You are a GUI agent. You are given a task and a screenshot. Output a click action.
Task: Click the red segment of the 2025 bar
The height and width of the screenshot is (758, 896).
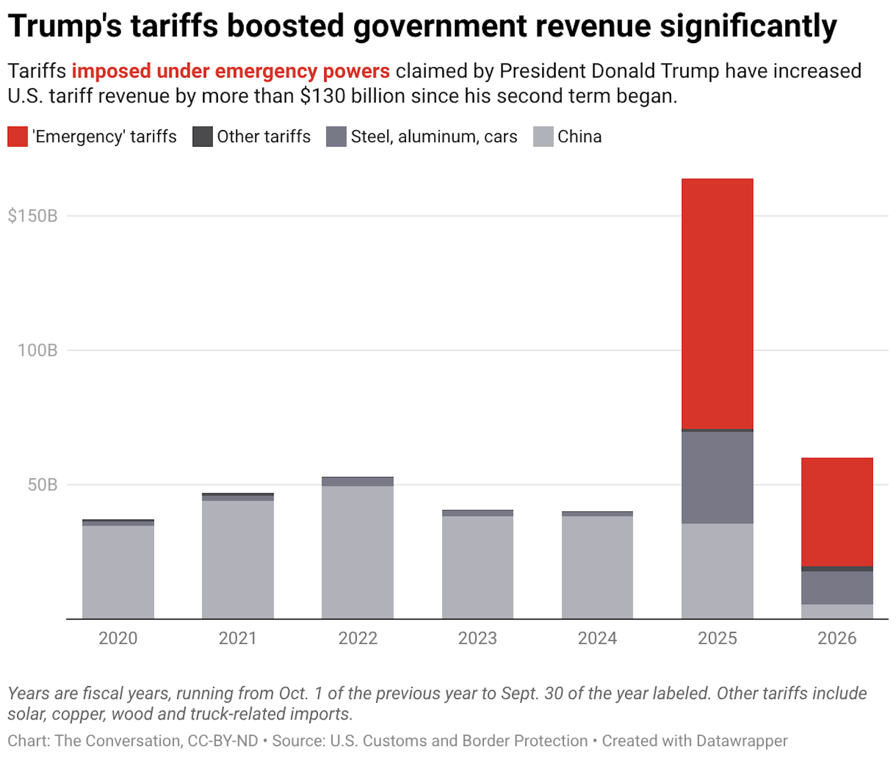point(717,303)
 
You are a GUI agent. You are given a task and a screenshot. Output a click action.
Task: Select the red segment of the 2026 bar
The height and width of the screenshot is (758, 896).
point(837,512)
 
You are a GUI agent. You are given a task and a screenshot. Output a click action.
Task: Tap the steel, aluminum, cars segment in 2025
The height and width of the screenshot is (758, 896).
point(717,477)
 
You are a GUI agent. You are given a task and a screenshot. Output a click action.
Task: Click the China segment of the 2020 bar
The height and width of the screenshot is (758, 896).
point(118,572)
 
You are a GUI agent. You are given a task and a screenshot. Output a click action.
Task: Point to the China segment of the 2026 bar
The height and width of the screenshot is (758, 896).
point(837,611)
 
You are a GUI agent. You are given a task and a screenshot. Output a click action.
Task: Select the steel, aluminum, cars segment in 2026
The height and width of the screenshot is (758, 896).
point(837,588)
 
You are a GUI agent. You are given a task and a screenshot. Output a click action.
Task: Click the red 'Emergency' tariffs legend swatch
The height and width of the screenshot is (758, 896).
point(18,137)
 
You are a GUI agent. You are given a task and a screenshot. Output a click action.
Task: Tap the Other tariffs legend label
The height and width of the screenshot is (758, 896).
point(264,137)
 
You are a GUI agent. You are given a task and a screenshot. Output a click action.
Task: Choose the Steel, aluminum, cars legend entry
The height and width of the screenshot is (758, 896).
point(434,137)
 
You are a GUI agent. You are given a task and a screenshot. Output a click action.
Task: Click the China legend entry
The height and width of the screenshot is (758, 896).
point(579,137)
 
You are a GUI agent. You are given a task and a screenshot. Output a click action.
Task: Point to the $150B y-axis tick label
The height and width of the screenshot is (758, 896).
point(33,216)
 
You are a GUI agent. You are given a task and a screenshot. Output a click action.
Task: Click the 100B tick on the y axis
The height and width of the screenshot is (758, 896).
point(37,351)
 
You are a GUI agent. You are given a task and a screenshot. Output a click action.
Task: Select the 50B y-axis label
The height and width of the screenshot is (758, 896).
point(42,485)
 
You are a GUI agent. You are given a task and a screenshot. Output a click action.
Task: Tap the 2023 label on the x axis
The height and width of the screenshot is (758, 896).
point(477,638)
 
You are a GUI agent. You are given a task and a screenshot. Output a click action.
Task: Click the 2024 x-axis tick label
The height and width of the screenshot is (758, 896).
point(597,638)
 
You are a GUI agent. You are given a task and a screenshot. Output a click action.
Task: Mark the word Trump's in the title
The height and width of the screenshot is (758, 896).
point(65,26)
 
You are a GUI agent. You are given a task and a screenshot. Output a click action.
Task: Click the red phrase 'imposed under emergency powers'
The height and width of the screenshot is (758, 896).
point(231,71)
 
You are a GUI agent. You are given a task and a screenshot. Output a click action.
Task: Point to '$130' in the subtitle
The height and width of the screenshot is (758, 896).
point(322,96)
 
